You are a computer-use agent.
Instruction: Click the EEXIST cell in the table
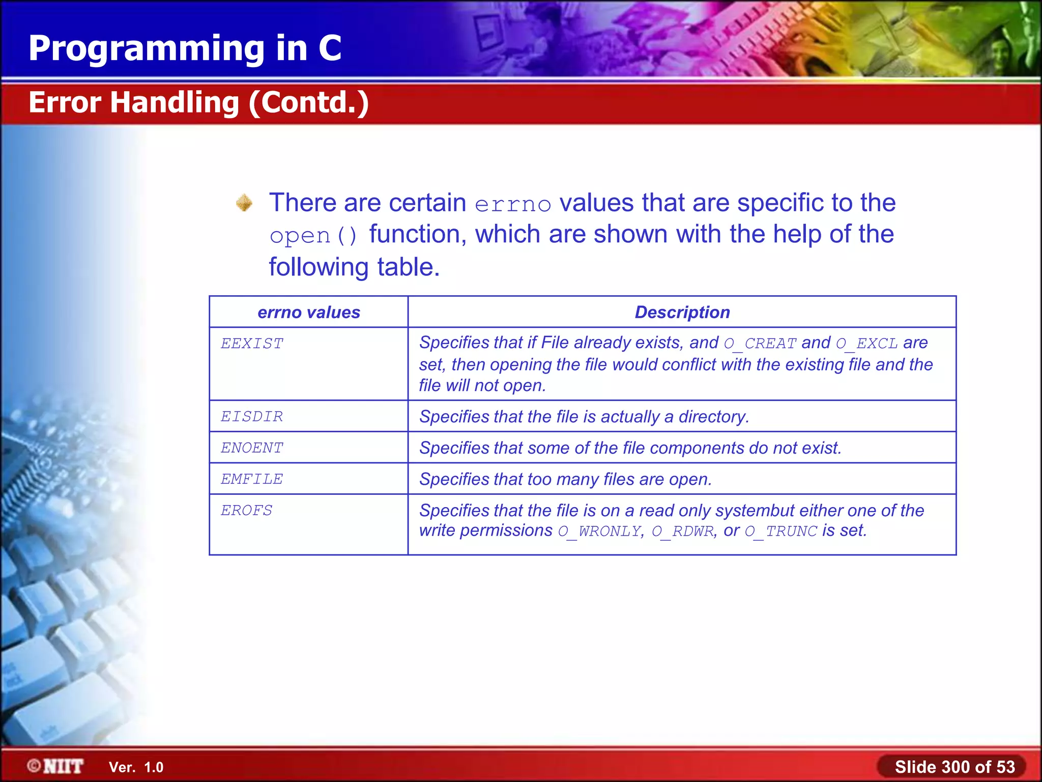(252, 344)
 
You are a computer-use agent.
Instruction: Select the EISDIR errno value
(252, 417)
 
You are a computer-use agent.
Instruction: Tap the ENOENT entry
(252, 448)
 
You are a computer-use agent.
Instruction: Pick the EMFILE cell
(252, 480)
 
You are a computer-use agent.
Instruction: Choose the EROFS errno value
(247, 511)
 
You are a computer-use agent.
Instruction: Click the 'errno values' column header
(309, 312)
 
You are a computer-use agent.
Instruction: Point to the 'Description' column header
(682, 312)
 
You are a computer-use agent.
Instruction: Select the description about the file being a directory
(584, 417)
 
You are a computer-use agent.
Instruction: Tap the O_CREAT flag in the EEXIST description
(760, 344)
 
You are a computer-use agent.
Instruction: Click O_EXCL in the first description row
(867, 344)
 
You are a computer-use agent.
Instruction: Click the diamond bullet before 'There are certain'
(244, 203)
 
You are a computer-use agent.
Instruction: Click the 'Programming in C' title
(185, 48)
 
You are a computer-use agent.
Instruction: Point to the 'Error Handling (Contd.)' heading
(198, 102)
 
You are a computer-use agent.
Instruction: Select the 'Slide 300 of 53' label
(954, 767)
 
